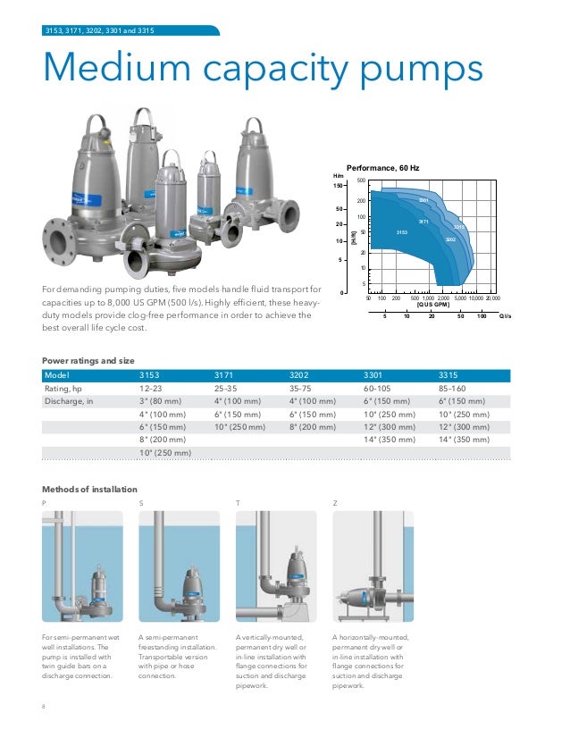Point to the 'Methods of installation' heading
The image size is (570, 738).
click(x=90, y=490)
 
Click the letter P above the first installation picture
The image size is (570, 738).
click(x=45, y=504)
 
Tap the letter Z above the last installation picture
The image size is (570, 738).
click(x=335, y=504)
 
